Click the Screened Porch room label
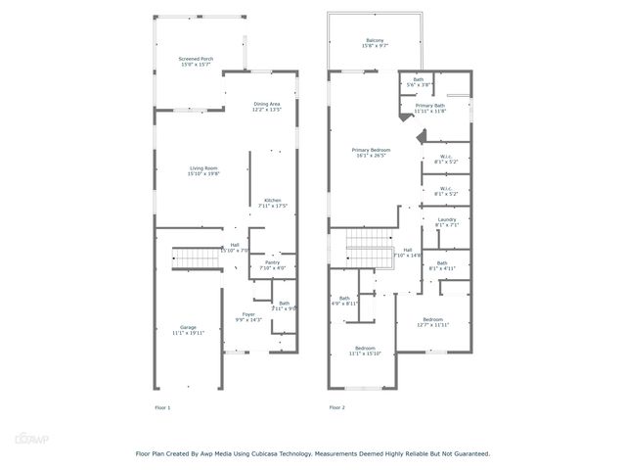pos(195,62)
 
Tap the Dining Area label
pos(267,106)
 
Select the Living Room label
pos(203,171)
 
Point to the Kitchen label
pos(272,203)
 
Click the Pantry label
pos(272,264)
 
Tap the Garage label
pos(187,330)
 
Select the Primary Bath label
pos(430,108)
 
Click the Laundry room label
pos(446,223)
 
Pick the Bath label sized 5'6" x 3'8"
pos(419,82)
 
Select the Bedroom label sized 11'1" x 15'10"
pos(365,351)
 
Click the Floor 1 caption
pos(162,406)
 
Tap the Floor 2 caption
pos(336,406)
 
